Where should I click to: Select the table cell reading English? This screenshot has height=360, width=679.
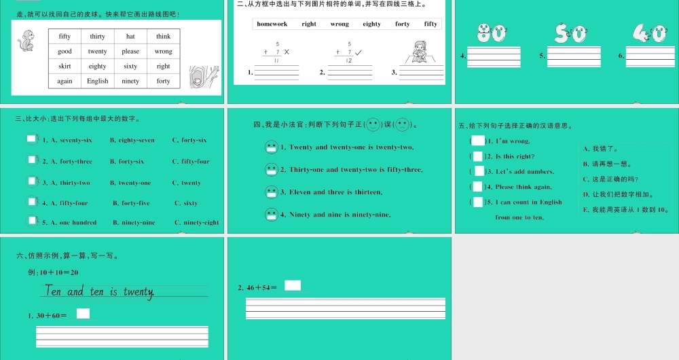click(x=98, y=81)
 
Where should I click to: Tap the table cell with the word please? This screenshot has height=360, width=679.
click(x=130, y=51)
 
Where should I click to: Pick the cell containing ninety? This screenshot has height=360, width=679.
click(x=130, y=81)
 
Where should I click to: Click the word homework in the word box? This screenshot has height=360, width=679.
click(x=272, y=24)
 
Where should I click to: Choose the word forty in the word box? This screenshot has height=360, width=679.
click(x=403, y=24)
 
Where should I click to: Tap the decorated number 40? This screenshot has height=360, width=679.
click(x=649, y=33)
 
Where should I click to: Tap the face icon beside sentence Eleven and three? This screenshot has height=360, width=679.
click(x=272, y=192)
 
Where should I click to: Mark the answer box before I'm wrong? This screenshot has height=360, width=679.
click(x=479, y=141)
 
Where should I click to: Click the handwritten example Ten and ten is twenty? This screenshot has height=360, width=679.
click(x=100, y=291)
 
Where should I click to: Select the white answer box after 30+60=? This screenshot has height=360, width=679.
click(x=83, y=313)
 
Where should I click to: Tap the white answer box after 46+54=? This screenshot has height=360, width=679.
click(x=293, y=285)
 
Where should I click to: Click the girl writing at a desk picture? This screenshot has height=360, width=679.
click(x=420, y=52)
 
